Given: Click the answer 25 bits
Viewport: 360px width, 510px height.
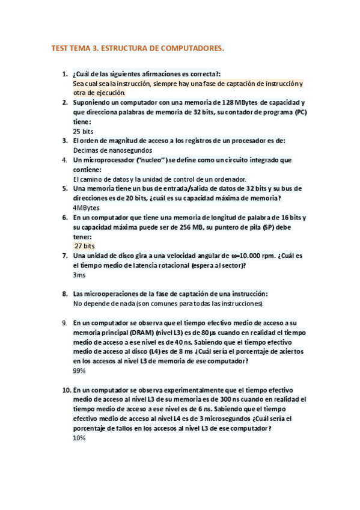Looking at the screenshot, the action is [83, 131].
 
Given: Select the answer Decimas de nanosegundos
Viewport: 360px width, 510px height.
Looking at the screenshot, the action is [112, 150].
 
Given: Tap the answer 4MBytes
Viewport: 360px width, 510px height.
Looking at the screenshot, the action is [87, 207].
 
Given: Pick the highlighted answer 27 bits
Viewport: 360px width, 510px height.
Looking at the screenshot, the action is [85, 246].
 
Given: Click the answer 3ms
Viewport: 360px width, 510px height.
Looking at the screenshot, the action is [79, 274].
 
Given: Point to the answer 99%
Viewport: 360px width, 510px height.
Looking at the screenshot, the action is [79, 370].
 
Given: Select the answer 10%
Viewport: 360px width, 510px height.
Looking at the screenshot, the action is [79, 438].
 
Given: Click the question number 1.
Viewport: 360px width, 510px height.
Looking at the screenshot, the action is [64, 74].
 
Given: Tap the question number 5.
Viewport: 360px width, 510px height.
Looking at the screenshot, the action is [64, 188].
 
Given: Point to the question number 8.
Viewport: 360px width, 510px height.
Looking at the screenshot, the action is [64, 293].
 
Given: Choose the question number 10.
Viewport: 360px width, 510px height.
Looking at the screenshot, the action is [66, 390].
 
